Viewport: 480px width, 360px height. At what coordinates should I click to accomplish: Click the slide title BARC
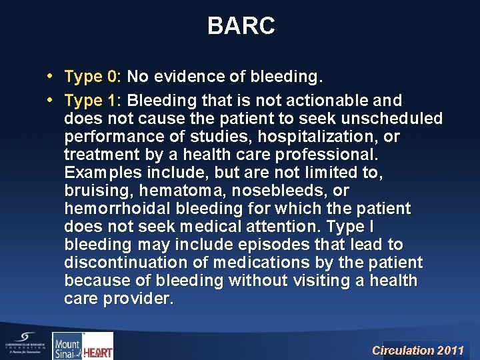pyautogui.click(x=240, y=26)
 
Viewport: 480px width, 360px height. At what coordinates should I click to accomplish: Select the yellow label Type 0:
pyautogui.click(x=93, y=77)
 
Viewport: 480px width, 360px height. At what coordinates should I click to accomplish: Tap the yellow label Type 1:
pyautogui.click(x=93, y=101)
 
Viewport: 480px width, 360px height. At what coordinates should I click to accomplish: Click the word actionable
pyautogui.click(x=329, y=101)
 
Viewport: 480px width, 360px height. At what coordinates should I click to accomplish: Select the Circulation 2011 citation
pyautogui.click(x=417, y=350)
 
